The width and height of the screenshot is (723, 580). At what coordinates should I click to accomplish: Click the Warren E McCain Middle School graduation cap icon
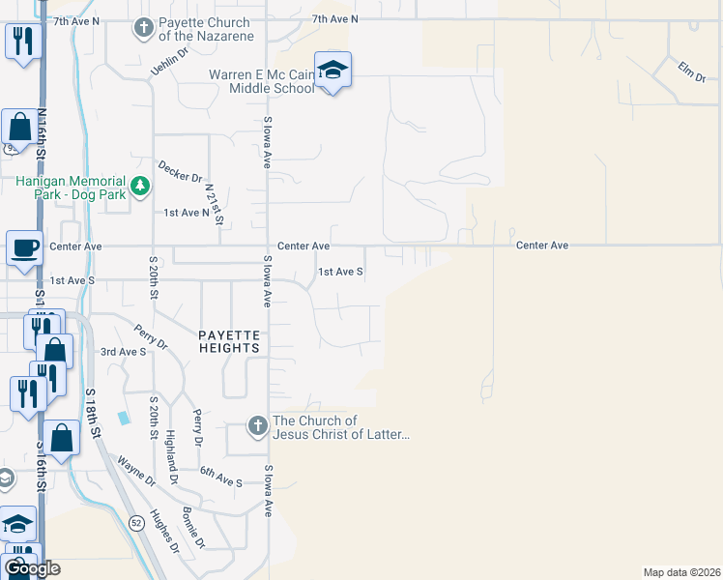point(332,70)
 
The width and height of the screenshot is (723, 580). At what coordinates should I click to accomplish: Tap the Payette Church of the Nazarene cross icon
point(144,28)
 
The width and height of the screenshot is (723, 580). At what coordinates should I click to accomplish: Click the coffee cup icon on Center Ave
point(24,247)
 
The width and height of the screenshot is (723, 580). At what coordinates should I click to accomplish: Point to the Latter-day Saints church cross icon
point(257,426)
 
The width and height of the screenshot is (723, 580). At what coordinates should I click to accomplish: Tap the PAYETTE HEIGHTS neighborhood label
point(230,340)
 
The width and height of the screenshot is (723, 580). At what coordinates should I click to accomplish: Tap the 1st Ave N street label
point(187,212)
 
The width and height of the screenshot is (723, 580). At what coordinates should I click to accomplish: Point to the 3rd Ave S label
point(123,352)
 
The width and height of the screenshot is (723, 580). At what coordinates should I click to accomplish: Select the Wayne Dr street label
point(136,472)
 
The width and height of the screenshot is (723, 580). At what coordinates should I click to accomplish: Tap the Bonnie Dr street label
point(193,527)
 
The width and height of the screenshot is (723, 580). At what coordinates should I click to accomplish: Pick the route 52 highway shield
point(136,522)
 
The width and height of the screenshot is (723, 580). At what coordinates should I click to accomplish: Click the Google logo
point(32,567)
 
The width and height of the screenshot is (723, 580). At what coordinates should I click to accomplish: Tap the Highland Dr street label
point(172,457)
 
